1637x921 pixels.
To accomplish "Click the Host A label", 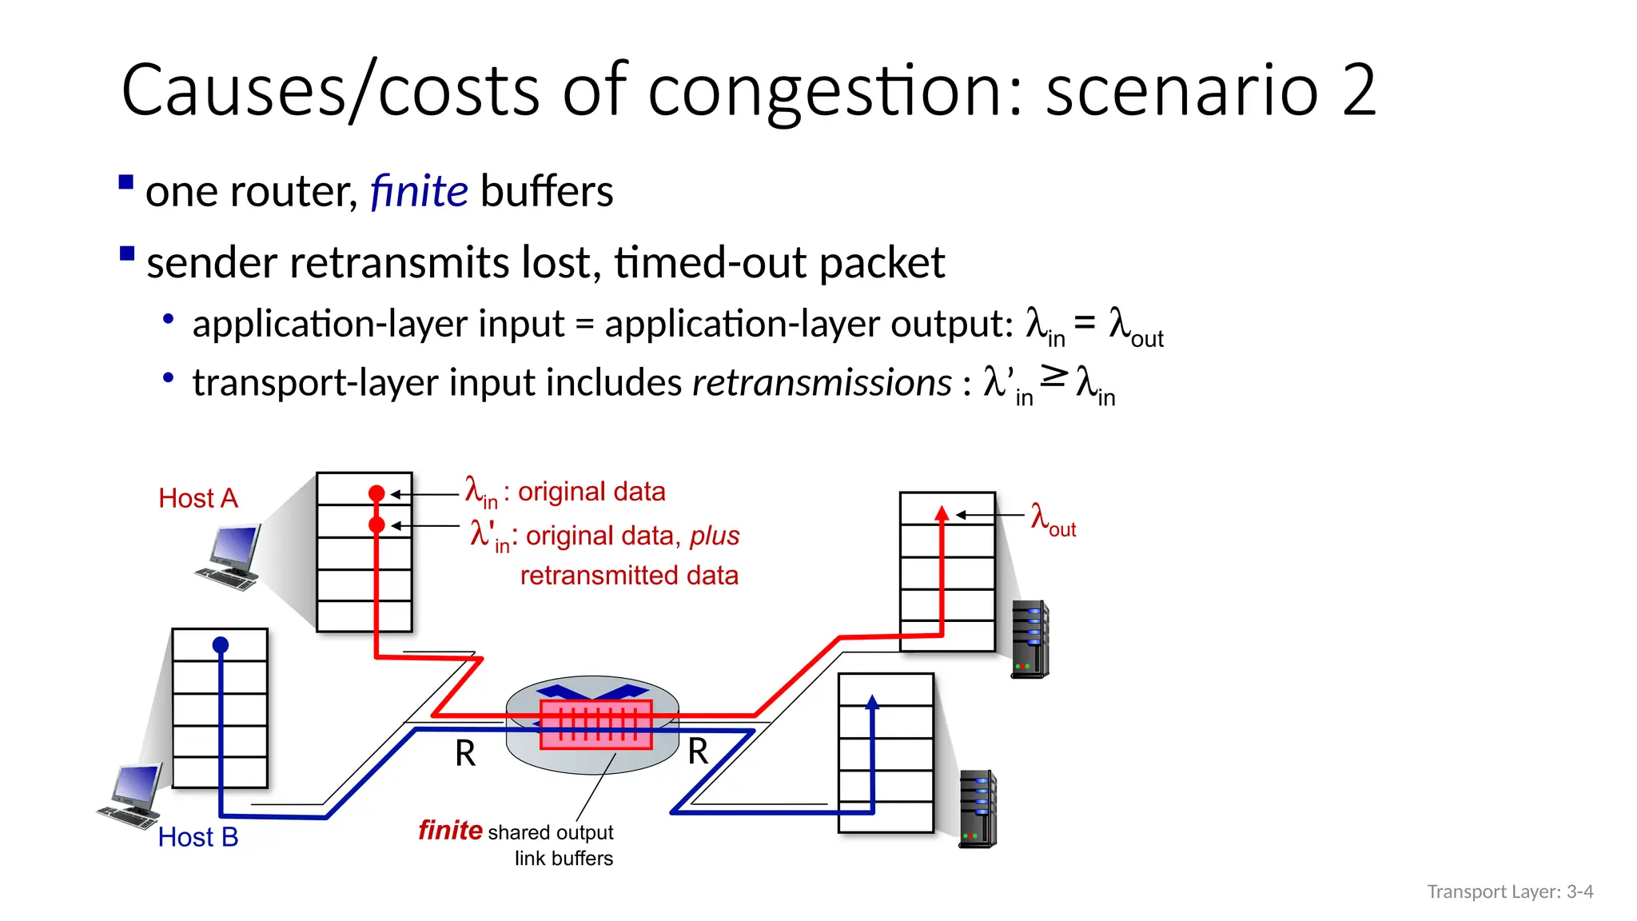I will pyautogui.click(x=198, y=498).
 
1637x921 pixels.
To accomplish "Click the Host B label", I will pyautogui.click(x=198, y=837).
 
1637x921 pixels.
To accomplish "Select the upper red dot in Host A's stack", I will pyautogui.click(x=376, y=493).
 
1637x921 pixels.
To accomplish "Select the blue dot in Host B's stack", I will pyautogui.click(x=221, y=644).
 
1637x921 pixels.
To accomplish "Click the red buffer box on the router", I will pyautogui.click(x=595, y=724).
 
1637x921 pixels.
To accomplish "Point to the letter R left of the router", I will pyautogui.click(x=465, y=753).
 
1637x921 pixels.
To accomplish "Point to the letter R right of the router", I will pyautogui.click(x=698, y=752).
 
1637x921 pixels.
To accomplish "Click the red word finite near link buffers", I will pyautogui.click(x=450, y=831).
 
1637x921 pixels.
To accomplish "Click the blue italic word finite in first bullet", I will pyautogui.click(x=419, y=192).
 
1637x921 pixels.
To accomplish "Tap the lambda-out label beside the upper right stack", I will pyautogui.click(x=1053, y=519).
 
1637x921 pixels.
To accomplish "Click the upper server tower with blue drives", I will pyautogui.click(x=1030, y=640).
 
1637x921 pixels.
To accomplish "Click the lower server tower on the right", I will pyautogui.click(x=978, y=808).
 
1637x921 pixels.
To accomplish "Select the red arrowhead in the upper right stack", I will pyautogui.click(x=942, y=513).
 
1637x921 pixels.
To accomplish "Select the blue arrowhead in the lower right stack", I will pyautogui.click(x=872, y=702).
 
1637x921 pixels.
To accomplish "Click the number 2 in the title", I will pyautogui.click(x=1359, y=90).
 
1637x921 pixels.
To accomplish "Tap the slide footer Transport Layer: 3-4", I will pyautogui.click(x=1510, y=891).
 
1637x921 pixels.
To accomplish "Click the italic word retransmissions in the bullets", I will pyautogui.click(x=822, y=383).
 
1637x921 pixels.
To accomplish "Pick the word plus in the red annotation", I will pyautogui.click(x=715, y=536).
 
